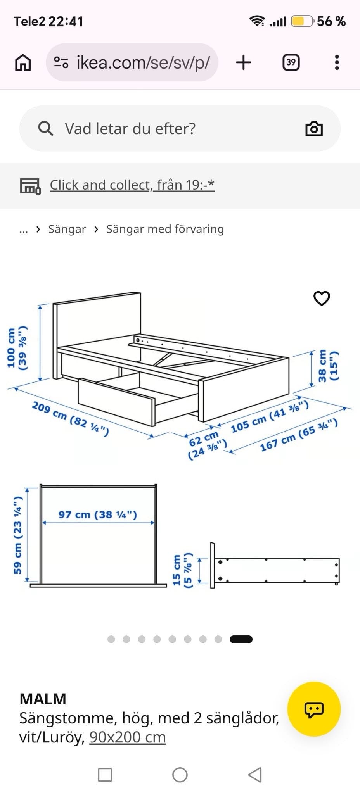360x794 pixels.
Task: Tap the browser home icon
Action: click(x=23, y=62)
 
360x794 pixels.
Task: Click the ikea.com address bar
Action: click(x=132, y=62)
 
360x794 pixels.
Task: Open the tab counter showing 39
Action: click(x=291, y=62)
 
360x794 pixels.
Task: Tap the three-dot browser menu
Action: click(x=337, y=62)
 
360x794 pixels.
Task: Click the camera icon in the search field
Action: click(x=314, y=129)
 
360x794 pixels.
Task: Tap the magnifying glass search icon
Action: click(x=45, y=128)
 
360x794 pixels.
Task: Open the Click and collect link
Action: click(x=132, y=185)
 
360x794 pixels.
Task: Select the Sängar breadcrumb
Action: click(x=67, y=229)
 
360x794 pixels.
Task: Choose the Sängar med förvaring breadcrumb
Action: click(x=165, y=229)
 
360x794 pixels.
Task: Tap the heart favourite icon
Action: click(x=322, y=298)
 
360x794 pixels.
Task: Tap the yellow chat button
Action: click(x=314, y=709)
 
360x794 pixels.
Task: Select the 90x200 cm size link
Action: click(x=128, y=737)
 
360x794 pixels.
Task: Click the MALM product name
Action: click(x=43, y=699)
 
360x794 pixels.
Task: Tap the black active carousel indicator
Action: click(x=241, y=639)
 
